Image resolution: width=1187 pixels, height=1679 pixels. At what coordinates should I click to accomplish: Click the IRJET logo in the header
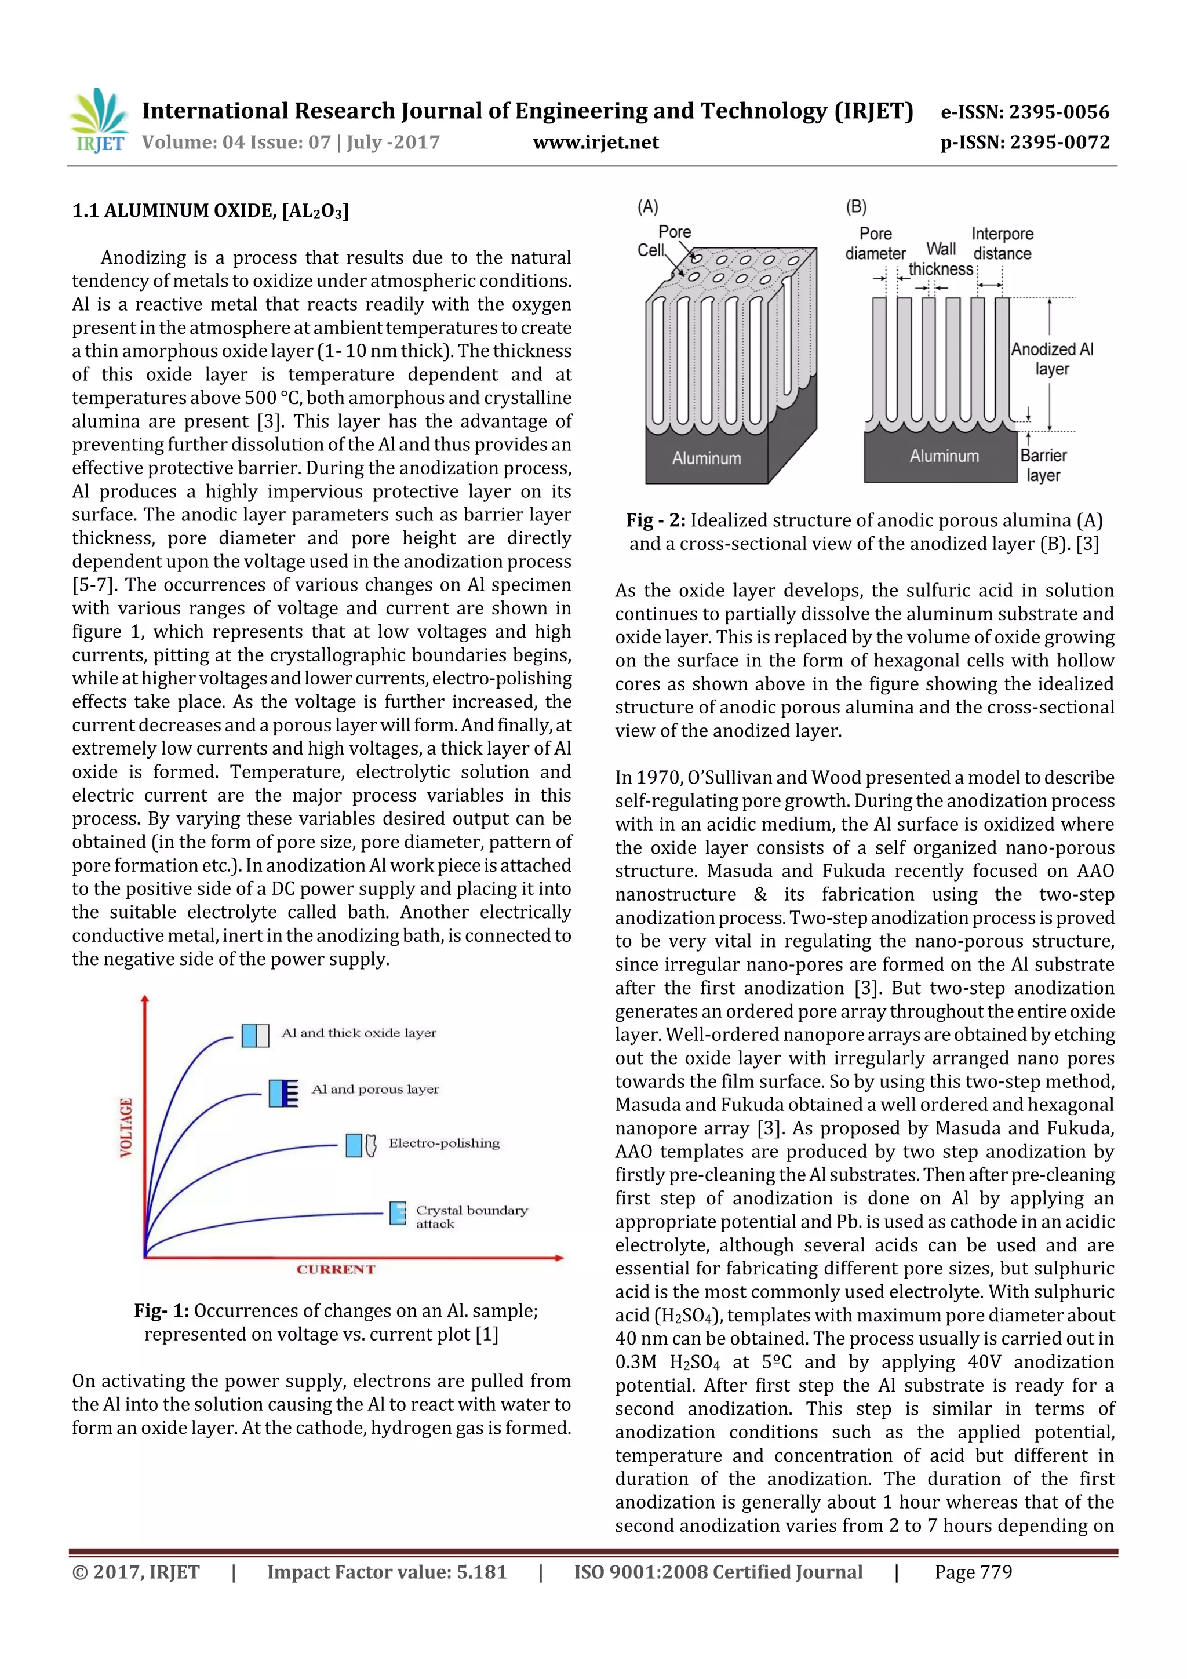point(99,121)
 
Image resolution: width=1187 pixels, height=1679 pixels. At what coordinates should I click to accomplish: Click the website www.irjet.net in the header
point(595,143)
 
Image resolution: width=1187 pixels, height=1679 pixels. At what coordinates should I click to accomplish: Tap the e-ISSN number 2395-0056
point(1059,112)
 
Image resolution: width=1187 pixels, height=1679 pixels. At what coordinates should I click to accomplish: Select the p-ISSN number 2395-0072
point(1059,143)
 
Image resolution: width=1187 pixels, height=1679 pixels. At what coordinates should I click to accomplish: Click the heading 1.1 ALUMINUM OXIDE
point(210,212)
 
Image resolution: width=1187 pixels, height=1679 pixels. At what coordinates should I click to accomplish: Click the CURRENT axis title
point(336,1269)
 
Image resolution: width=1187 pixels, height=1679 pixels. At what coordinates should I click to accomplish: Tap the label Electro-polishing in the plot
point(444,1143)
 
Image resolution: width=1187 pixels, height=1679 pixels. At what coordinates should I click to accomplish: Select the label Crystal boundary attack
point(471,1217)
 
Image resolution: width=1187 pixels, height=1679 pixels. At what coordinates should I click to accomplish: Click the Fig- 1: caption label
point(161,1310)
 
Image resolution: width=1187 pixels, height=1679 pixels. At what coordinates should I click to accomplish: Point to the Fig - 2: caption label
point(656,520)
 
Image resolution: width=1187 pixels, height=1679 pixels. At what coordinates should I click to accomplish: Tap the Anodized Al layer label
point(1052,359)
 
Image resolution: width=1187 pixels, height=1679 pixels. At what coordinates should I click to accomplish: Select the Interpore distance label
point(1002,243)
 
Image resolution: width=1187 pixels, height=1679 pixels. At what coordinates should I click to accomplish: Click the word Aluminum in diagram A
point(707,458)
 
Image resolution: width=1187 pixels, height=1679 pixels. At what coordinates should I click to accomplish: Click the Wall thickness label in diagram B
point(941,259)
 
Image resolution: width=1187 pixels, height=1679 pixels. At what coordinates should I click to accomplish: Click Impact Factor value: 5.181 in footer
point(386,1572)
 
